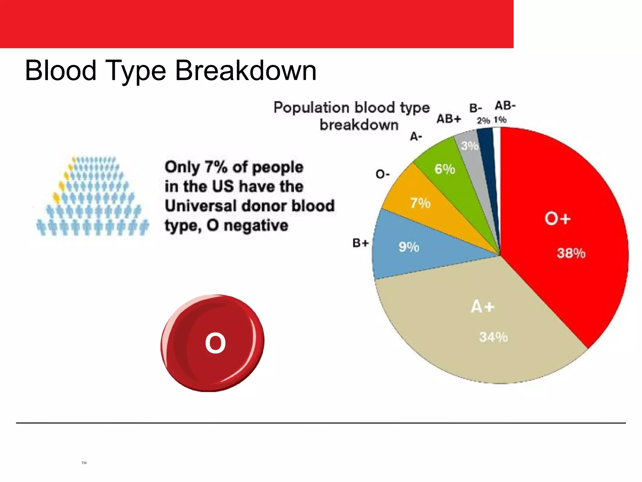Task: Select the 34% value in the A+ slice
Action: [493, 337]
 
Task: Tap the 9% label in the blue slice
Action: [409, 247]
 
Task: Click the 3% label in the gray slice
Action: [470, 146]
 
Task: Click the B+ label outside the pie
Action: [360, 243]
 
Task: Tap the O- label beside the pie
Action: [382, 174]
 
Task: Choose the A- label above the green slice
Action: [416, 137]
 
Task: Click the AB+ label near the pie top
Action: [449, 119]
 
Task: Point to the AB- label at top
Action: [505, 106]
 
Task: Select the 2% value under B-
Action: [483, 121]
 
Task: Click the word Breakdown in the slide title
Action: [245, 71]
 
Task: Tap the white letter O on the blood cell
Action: [215, 343]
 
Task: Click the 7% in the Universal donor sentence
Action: [216, 167]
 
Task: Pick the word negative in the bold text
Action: [256, 226]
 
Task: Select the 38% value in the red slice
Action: [571, 253]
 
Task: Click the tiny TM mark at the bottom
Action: [84, 463]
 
